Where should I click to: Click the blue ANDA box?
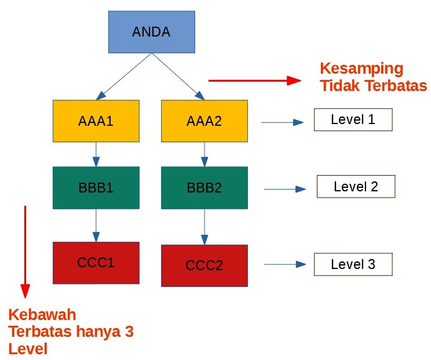tap(152, 32)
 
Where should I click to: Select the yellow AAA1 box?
tap(96, 121)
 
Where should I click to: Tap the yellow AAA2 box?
tap(204, 121)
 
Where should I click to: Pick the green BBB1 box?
tap(96, 188)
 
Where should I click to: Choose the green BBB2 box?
tap(204, 188)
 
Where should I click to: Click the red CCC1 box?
tap(96, 263)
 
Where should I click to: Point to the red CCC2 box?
tap(204, 266)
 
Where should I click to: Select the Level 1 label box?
tap(353, 119)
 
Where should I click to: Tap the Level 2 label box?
tap(356, 187)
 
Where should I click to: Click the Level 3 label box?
tap(353, 264)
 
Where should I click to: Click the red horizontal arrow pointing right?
tap(255, 81)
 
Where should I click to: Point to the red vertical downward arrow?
tap(25, 252)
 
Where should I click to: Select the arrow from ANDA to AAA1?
tap(124, 77)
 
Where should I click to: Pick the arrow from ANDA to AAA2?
tap(178, 77)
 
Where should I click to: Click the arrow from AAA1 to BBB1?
tap(96, 155)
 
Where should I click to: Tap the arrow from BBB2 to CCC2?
tap(204, 227)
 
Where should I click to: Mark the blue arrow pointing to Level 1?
tap(282, 122)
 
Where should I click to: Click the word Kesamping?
tap(361, 69)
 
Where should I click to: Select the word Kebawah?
tap(42, 315)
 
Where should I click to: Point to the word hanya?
tap(98, 332)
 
